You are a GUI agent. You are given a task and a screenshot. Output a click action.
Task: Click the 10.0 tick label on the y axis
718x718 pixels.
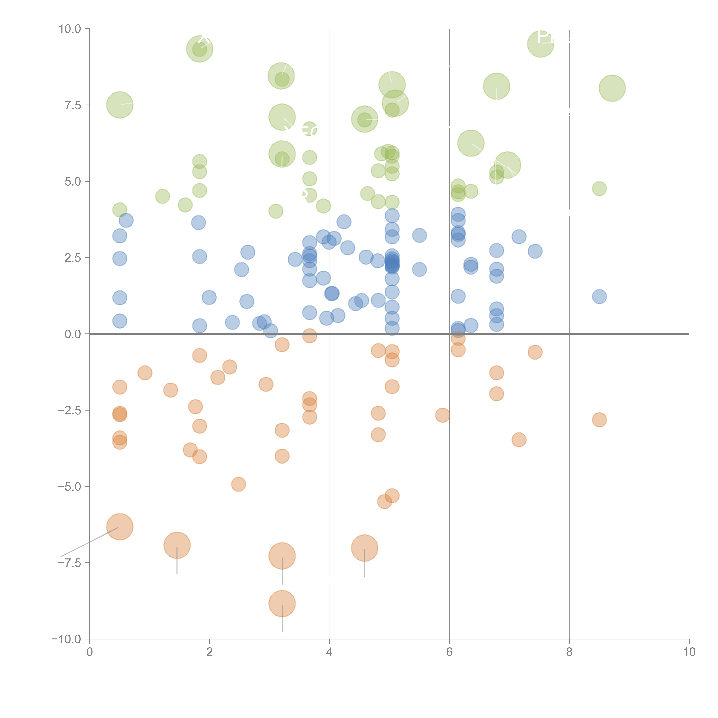(70, 29)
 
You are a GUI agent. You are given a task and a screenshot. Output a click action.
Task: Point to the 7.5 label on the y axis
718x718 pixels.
(73, 105)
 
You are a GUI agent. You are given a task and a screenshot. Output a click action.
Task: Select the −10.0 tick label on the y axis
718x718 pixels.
(66, 639)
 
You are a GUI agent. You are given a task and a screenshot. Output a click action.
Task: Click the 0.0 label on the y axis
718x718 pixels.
(73, 334)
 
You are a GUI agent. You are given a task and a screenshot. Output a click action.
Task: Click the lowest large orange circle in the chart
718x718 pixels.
(282, 604)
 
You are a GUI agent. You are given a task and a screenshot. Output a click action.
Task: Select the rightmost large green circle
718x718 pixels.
(612, 88)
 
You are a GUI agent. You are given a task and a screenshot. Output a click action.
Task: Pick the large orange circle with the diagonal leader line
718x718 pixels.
(120, 527)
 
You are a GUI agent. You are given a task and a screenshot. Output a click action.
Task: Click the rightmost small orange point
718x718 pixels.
(599, 420)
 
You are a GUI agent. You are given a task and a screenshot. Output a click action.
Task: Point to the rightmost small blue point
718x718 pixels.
(599, 297)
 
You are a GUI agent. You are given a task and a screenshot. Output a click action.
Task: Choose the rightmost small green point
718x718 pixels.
(599, 188)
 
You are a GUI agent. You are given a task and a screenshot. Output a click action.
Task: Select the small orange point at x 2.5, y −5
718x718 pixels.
(238, 484)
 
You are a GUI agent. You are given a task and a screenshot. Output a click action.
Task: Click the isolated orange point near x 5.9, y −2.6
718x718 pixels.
(442, 415)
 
